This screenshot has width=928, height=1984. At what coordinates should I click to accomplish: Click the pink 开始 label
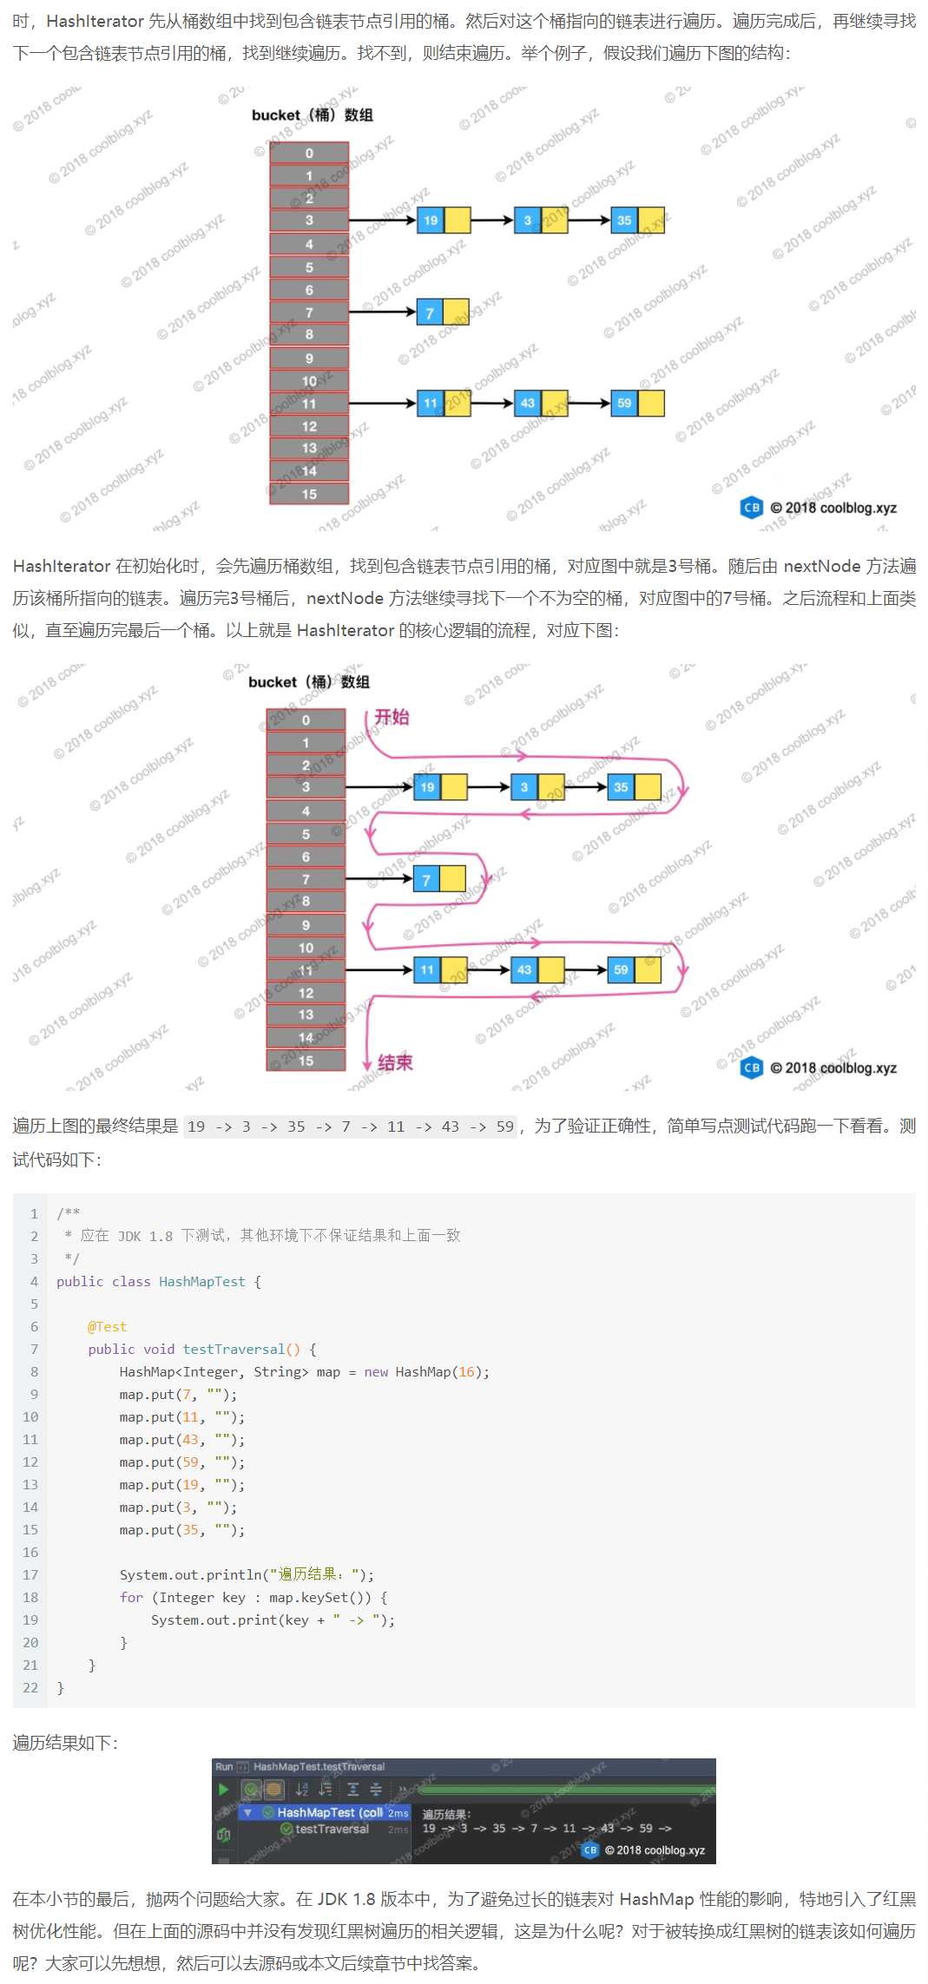point(392,717)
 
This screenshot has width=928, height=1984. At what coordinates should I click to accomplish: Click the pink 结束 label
point(395,1062)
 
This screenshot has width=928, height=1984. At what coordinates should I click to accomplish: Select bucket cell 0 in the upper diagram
point(309,154)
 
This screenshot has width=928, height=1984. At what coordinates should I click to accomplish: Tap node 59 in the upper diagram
point(624,403)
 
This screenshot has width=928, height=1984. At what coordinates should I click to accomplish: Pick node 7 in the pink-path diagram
point(426,879)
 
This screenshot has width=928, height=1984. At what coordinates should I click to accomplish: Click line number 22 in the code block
point(30,1687)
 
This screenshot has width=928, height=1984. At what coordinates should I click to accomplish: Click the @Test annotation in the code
point(107,1326)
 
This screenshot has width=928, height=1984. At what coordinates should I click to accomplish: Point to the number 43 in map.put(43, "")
point(190,1439)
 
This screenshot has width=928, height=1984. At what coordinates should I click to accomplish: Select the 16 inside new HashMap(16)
point(466,1371)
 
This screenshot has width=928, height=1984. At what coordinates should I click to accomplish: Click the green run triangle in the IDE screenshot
point(224,1789)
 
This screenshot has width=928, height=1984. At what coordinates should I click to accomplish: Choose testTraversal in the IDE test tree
point(332,1829)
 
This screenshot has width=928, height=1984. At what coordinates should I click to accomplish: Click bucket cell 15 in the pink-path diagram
point(306,1061)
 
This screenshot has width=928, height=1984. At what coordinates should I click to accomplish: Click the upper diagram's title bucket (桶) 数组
point(312,115)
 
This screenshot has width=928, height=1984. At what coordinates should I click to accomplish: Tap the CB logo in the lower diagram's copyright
point(752,1068)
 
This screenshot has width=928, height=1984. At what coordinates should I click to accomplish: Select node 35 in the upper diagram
point(624,220)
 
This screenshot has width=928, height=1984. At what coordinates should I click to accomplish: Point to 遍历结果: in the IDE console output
point(446,1814)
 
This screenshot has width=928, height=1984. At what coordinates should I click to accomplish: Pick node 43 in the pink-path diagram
point(524,969)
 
